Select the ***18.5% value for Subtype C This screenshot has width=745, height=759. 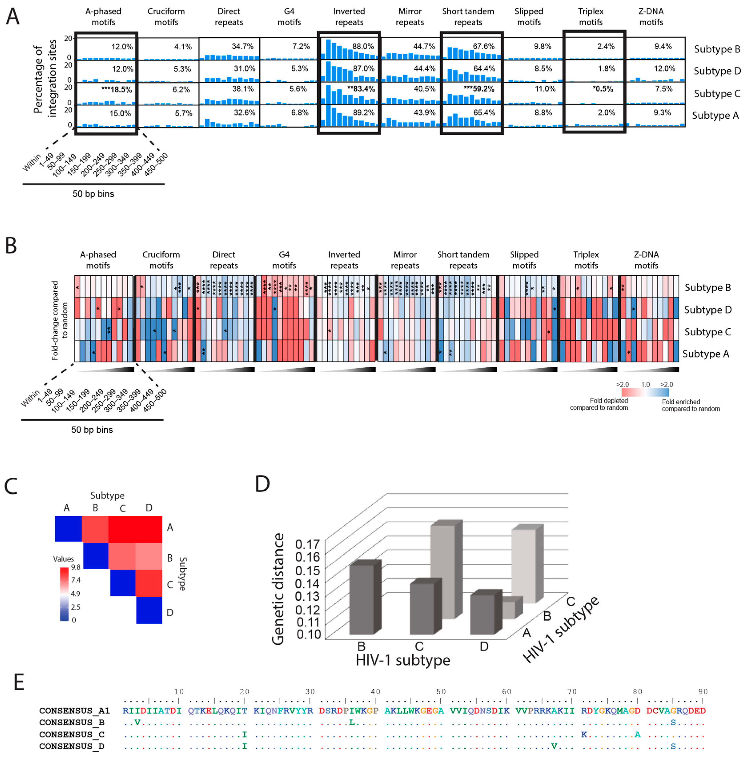117,90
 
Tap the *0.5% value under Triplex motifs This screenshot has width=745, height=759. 603,89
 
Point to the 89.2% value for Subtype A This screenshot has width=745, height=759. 364,113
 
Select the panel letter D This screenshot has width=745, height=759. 262,484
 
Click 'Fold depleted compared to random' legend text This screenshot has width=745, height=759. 599,404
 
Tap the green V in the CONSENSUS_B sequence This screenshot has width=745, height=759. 137,723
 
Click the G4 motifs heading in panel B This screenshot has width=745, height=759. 284,260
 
